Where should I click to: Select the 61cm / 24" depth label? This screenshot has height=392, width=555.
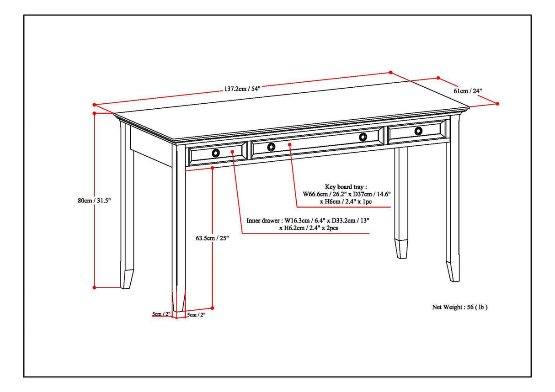pos(468,90)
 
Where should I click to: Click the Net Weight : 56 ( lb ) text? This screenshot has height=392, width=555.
pos(460,307)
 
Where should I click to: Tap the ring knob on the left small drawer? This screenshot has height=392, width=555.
pos(216,153)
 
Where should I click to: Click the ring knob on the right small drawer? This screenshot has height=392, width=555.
pos(418,131)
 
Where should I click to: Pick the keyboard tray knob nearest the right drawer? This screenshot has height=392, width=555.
pos(363,137)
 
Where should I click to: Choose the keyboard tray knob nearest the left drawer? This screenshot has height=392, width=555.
pos(271,147)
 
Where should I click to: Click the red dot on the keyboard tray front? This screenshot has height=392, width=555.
pos(290,144)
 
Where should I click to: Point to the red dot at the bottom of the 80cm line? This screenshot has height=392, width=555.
pos(94,287)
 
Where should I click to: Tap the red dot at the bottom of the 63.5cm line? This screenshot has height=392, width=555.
pos(213,307)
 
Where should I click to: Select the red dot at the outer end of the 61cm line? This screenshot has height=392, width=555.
pos(498,104)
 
